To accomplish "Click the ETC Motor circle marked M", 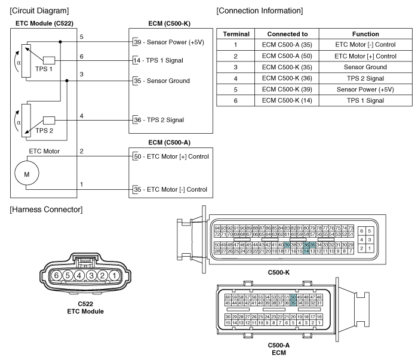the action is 27,173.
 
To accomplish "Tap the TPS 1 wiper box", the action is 49,60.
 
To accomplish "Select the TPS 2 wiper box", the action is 49,121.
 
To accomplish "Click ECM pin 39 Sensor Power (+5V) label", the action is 169,42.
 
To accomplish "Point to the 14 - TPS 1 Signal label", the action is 158,60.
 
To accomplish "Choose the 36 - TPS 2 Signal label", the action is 159,120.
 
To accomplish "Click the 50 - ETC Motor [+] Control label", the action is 171,156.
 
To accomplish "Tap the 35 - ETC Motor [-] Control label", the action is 170,189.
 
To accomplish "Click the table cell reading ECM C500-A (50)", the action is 287,56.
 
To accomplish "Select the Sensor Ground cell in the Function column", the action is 365,67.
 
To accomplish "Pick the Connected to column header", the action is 287,34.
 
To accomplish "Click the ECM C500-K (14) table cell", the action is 287,100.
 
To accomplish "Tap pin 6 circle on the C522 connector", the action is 56,275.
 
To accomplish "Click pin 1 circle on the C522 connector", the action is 115,275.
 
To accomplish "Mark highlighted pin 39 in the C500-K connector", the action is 287,245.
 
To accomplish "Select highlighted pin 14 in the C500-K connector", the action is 306,251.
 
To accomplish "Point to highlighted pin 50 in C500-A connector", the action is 293,297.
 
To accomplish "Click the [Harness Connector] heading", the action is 46,210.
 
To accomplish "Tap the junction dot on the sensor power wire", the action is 60,42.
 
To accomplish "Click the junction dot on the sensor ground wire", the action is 67,81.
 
